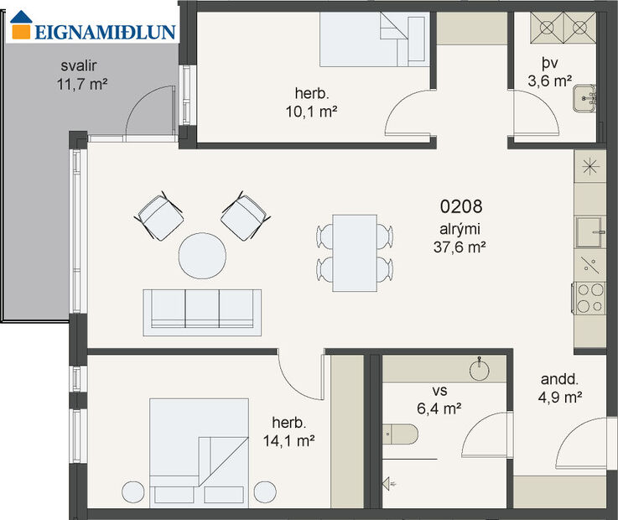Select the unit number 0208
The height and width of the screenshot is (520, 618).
tap(460, 205)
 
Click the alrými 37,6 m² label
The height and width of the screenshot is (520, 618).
tap(460, 238)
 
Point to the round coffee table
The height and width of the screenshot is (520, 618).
tap(202, 256)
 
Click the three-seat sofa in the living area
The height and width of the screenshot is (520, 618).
tap(202, 309)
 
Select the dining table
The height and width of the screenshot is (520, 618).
tap(354, 252)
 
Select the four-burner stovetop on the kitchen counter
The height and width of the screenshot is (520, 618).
tap(589, 297)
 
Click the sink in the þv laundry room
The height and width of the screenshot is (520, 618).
tap(584, 99)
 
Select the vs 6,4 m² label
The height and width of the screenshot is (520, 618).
tap(441, 401)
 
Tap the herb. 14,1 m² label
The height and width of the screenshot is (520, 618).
tap(293, 431)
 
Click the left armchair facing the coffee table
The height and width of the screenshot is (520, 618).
tap(159, 216)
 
